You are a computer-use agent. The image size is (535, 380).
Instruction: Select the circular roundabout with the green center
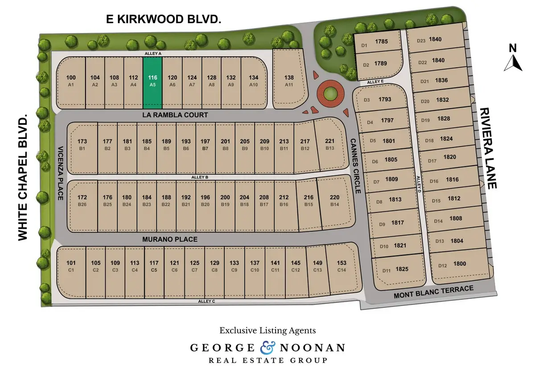[330, 93]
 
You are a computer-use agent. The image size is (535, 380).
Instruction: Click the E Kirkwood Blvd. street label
[164, 19]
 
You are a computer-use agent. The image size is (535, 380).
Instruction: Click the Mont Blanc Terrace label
[434, 293]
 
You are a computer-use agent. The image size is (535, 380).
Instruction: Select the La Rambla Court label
[175, 115]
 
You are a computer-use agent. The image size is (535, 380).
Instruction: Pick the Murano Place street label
[170, 239]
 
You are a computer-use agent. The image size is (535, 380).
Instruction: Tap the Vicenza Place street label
[61, 173]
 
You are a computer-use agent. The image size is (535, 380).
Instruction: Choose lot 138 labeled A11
[289, 80]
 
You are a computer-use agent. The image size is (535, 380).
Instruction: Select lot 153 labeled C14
[342, 266]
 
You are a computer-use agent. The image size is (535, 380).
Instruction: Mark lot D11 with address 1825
[396, 270]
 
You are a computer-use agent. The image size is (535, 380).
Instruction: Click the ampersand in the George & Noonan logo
[267, 347]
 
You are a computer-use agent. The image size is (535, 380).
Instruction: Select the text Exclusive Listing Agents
[267, 331]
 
